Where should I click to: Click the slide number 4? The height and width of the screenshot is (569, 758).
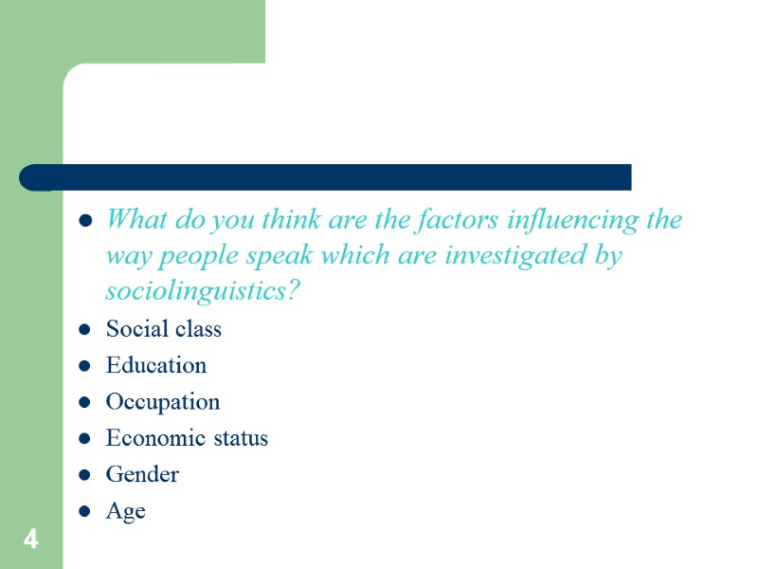[x=31, y=541]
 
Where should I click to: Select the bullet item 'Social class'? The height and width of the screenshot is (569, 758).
[x=164, y=329]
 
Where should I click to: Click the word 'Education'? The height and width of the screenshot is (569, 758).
[x=156, y=365]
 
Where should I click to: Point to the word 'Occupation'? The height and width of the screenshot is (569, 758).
[x=163, y=402]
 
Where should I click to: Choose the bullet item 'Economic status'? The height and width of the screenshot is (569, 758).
[x=187, y=438]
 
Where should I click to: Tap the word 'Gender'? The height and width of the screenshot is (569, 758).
[x=142, y=474]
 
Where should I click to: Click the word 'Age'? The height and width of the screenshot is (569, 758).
[x=126, y=512]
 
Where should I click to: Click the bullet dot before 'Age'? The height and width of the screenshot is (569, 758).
[x=85, y=512]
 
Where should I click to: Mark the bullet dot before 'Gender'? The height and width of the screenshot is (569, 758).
[x=85, y=475]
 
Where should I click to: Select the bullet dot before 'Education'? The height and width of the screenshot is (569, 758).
[x=85, y=366]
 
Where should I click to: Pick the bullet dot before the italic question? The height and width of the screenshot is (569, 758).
[x=85, y=222]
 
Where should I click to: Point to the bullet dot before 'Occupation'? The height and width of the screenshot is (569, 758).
[x=85, y=403]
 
